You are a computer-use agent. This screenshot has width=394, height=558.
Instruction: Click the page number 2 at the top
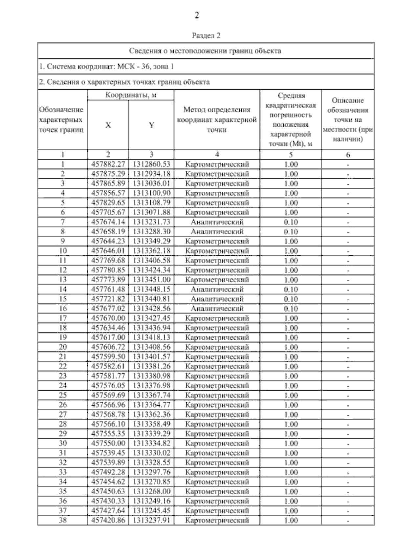tap(197, 15)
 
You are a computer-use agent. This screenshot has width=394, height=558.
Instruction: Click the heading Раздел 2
tap(206, 35)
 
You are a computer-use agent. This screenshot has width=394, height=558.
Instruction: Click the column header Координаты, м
tap(131, 95)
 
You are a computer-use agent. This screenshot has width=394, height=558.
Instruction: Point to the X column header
tap(108, 125)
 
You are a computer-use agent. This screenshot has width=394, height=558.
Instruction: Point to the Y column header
tap(151, 125)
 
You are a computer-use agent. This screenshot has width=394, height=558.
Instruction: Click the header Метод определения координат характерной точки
tap(217, 119)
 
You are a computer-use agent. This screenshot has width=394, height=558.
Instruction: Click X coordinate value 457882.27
tap(108, 164)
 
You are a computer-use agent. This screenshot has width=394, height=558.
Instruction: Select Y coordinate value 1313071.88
tap(151, 212)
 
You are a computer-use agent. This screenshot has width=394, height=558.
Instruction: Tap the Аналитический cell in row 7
tap(217, 222)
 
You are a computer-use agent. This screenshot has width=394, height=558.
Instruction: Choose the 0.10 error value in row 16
tap(291, 309)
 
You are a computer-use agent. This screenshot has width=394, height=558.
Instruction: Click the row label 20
tap(62, 347)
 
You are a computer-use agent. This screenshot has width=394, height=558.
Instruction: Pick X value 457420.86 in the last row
tap(108, 520)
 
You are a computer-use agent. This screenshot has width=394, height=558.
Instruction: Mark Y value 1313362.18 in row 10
tap(151, 251)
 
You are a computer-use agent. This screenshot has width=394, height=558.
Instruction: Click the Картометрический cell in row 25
tap(217, 395)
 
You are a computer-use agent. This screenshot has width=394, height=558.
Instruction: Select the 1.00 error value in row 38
tap(291, 520)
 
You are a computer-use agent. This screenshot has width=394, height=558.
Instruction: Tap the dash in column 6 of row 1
tap(348, 164)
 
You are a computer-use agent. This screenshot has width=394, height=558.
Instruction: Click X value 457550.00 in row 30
tap(108, 443)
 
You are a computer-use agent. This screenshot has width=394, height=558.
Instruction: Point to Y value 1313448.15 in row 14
tap(151, 289)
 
